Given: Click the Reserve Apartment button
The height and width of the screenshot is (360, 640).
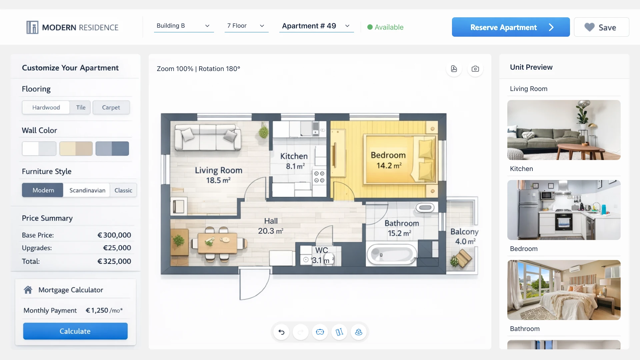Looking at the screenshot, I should tap(510, 27).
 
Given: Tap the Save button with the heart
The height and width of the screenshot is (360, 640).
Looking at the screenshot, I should tap(601, 27).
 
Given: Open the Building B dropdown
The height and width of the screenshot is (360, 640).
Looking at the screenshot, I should tap(183, 26).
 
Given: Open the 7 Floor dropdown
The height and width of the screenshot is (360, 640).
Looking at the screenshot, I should tap(246, 26).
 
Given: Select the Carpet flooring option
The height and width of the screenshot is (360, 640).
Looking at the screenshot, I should tap(111, 107).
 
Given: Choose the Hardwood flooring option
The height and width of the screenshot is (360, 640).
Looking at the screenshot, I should tap(46, 107).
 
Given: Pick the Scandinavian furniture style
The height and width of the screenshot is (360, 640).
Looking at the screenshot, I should tap(87, 190).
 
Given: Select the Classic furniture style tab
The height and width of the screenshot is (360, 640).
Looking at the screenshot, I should tap(123, 190).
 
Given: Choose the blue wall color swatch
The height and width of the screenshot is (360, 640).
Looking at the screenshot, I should tap(112, 149).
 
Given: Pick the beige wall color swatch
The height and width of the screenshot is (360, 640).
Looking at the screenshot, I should tap(76, 149).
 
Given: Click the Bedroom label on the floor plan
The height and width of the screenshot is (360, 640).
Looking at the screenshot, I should tap(388, 155).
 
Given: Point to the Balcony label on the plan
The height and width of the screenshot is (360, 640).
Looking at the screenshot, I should tap(464, 232).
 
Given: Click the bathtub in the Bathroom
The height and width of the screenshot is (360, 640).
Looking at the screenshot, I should tap(392, 255).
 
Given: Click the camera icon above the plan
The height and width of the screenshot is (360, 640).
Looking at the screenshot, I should tap(475, 69).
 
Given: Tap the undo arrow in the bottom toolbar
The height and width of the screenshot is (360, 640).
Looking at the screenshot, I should tap(281, 332).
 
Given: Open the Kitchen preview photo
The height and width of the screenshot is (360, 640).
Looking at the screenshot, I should tap(564, 210).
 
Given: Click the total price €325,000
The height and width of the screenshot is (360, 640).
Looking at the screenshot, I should tap(114, 261).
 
